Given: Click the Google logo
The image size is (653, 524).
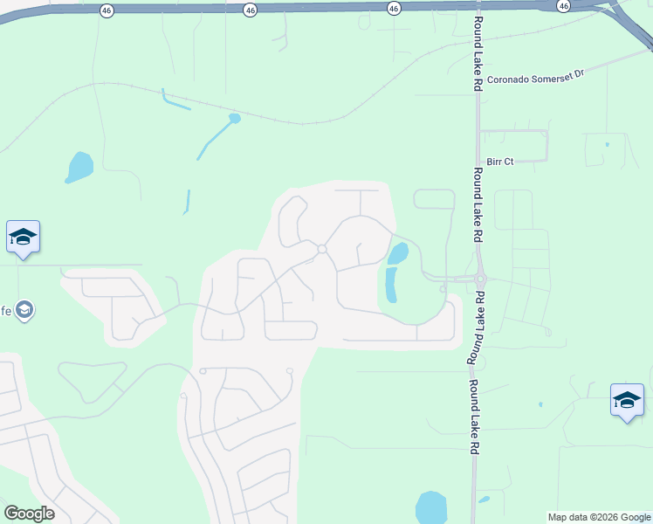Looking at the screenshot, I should point(29,514).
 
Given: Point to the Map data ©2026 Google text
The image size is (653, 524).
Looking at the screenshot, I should point(598,517).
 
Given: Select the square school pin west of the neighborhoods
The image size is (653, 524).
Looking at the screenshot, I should point(24,238).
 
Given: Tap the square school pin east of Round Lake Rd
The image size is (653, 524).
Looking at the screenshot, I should point(627,400).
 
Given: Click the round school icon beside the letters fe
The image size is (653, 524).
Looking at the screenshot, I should point(25,310).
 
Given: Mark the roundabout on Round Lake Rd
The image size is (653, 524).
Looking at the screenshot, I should point(479,279).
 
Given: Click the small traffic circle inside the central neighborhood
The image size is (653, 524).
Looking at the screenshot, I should point(321,250).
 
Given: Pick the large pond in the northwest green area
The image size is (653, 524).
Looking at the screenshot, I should point(79,166).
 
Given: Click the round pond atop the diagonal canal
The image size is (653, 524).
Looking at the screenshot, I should point(234,118).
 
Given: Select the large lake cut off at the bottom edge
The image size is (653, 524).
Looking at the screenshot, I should point(430,508).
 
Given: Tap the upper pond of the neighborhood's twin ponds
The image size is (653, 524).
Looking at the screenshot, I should point(398,254).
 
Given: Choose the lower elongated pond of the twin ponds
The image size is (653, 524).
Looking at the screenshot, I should point(390,285).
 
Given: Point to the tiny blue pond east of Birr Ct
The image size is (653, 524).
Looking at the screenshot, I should point(607,144).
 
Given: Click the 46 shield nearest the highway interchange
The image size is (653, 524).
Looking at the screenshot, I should point(564,6).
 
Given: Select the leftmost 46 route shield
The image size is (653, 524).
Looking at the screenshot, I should point(107,10).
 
